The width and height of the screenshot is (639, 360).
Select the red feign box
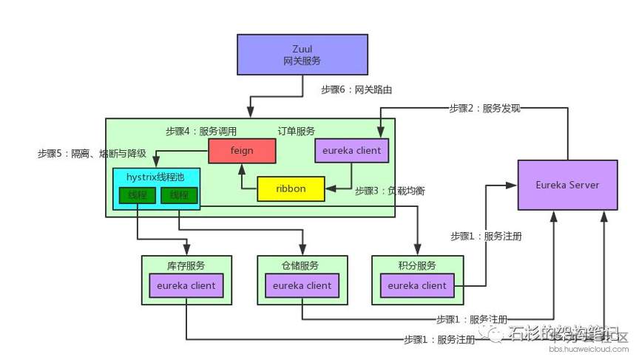(242, 151)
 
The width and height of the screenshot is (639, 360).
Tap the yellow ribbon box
(291, 189)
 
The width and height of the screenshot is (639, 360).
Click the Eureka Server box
(567, 184)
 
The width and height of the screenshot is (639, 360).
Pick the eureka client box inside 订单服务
(351, 151)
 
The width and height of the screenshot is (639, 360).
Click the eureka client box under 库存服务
(186, 285)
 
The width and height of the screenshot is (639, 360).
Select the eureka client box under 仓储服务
(302, 285)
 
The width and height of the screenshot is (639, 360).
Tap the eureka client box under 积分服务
(417, 285)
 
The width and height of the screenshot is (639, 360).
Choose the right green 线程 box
(178, 195)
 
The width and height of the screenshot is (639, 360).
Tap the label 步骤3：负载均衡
(389, 190)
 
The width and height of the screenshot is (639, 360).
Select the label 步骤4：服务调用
(201, 131)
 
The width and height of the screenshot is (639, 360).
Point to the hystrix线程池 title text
(156, 177)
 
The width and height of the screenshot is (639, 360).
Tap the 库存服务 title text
(186, 265)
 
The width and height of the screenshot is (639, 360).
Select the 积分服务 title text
(417, 265)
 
